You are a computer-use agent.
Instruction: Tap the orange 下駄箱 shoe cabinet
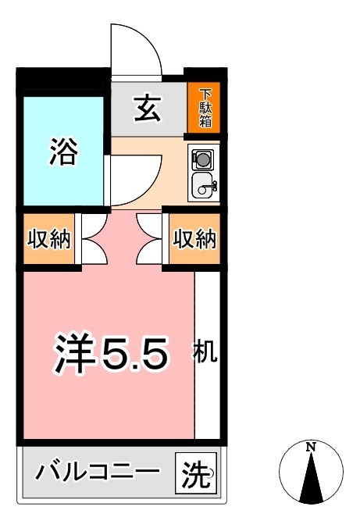[205, 109]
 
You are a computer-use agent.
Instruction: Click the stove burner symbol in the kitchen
[202, 159]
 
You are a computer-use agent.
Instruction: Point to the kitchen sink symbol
[204, 186]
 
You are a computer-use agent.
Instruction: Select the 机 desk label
[205, 353]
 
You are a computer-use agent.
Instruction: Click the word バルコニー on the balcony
[98, 473]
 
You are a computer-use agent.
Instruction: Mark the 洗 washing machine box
[196, 473]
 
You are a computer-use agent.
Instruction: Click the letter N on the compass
[311, 447]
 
